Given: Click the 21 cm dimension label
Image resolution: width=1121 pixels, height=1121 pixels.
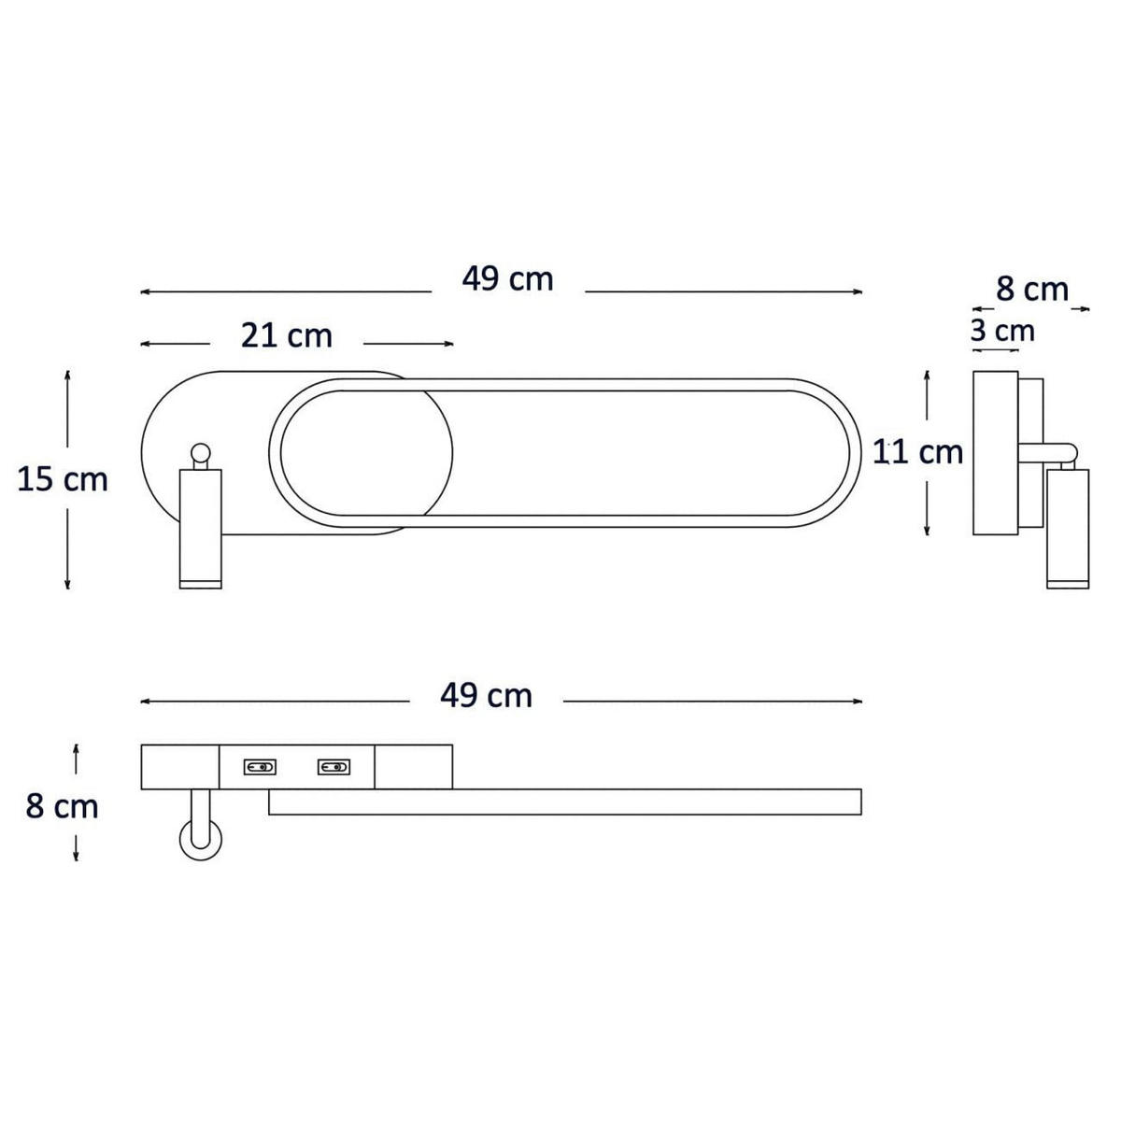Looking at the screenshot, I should (286, 335).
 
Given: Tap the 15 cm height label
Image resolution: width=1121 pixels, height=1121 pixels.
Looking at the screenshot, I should (63, 480).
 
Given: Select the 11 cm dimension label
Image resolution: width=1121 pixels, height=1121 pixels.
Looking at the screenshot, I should (917, 452).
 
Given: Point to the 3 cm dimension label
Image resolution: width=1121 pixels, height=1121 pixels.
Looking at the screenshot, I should (1002, 331).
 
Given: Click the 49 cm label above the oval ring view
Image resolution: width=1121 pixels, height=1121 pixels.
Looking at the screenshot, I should (507, 279).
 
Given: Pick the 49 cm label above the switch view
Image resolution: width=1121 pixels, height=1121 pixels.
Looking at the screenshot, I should (486, 695).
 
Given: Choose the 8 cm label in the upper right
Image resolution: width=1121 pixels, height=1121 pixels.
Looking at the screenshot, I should (1031, 290).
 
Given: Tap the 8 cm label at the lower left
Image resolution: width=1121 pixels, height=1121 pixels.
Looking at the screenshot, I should (62, 806).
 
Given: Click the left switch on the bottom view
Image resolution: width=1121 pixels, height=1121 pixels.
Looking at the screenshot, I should (260, 768).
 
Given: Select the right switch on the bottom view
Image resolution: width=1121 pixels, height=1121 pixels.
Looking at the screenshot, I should (333, 768).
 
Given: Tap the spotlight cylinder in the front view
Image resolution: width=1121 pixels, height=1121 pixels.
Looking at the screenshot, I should (200, 529).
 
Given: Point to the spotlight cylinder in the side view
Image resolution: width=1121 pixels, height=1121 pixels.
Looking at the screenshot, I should (1068, 529).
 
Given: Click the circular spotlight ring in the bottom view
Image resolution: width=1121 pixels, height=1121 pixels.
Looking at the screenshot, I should (200, 838).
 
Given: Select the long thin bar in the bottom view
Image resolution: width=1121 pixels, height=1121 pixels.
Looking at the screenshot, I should (564, 802).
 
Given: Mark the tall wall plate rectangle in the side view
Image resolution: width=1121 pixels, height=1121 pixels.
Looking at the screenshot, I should (995, 453).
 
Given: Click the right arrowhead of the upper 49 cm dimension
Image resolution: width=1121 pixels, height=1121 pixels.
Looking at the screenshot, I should (858, 292).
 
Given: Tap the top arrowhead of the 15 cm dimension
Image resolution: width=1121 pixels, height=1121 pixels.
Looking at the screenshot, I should (67, 373).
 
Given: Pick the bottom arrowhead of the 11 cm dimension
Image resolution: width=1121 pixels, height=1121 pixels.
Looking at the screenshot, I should (926, 532).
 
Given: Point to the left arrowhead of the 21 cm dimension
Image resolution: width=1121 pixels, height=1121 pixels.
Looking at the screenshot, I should (145, 345).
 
